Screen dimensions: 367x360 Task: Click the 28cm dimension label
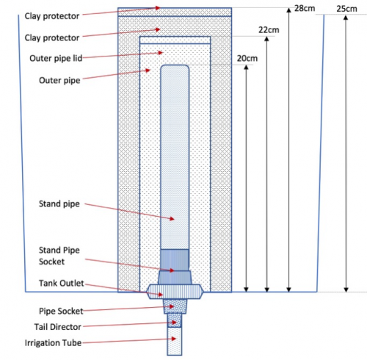(x=305, y=8)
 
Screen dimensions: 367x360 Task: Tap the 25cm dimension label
(x=346, y=9)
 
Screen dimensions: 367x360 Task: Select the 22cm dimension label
(x=269, y=30)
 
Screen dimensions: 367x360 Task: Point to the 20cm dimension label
(x=247, y=58)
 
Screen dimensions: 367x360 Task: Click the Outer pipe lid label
(x=56, y=59)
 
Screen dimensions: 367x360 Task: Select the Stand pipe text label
(x=59, y=204)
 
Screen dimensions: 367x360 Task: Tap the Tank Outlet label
(x=62, y=283)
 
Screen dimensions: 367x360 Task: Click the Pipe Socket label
(x=61, y=311)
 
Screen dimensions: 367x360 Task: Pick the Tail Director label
(x=57, y=327)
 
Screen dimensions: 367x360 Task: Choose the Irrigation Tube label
(x=53, y=342)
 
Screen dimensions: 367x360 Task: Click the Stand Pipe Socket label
(x=59, y=256)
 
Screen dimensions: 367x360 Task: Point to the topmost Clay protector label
(x=52, y=16)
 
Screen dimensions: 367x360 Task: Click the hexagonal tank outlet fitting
(x=175, y=292)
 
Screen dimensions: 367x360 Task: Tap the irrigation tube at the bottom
(x=175, y=341)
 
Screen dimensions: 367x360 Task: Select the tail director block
(x=175, y=320)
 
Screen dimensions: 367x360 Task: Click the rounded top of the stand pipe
(x=175, y=68)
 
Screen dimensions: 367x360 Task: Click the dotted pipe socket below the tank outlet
(x=175, y=306)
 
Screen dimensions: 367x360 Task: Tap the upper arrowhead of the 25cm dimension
(x=346, y=18)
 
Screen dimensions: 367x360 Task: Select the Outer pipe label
(x=59, y=80)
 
